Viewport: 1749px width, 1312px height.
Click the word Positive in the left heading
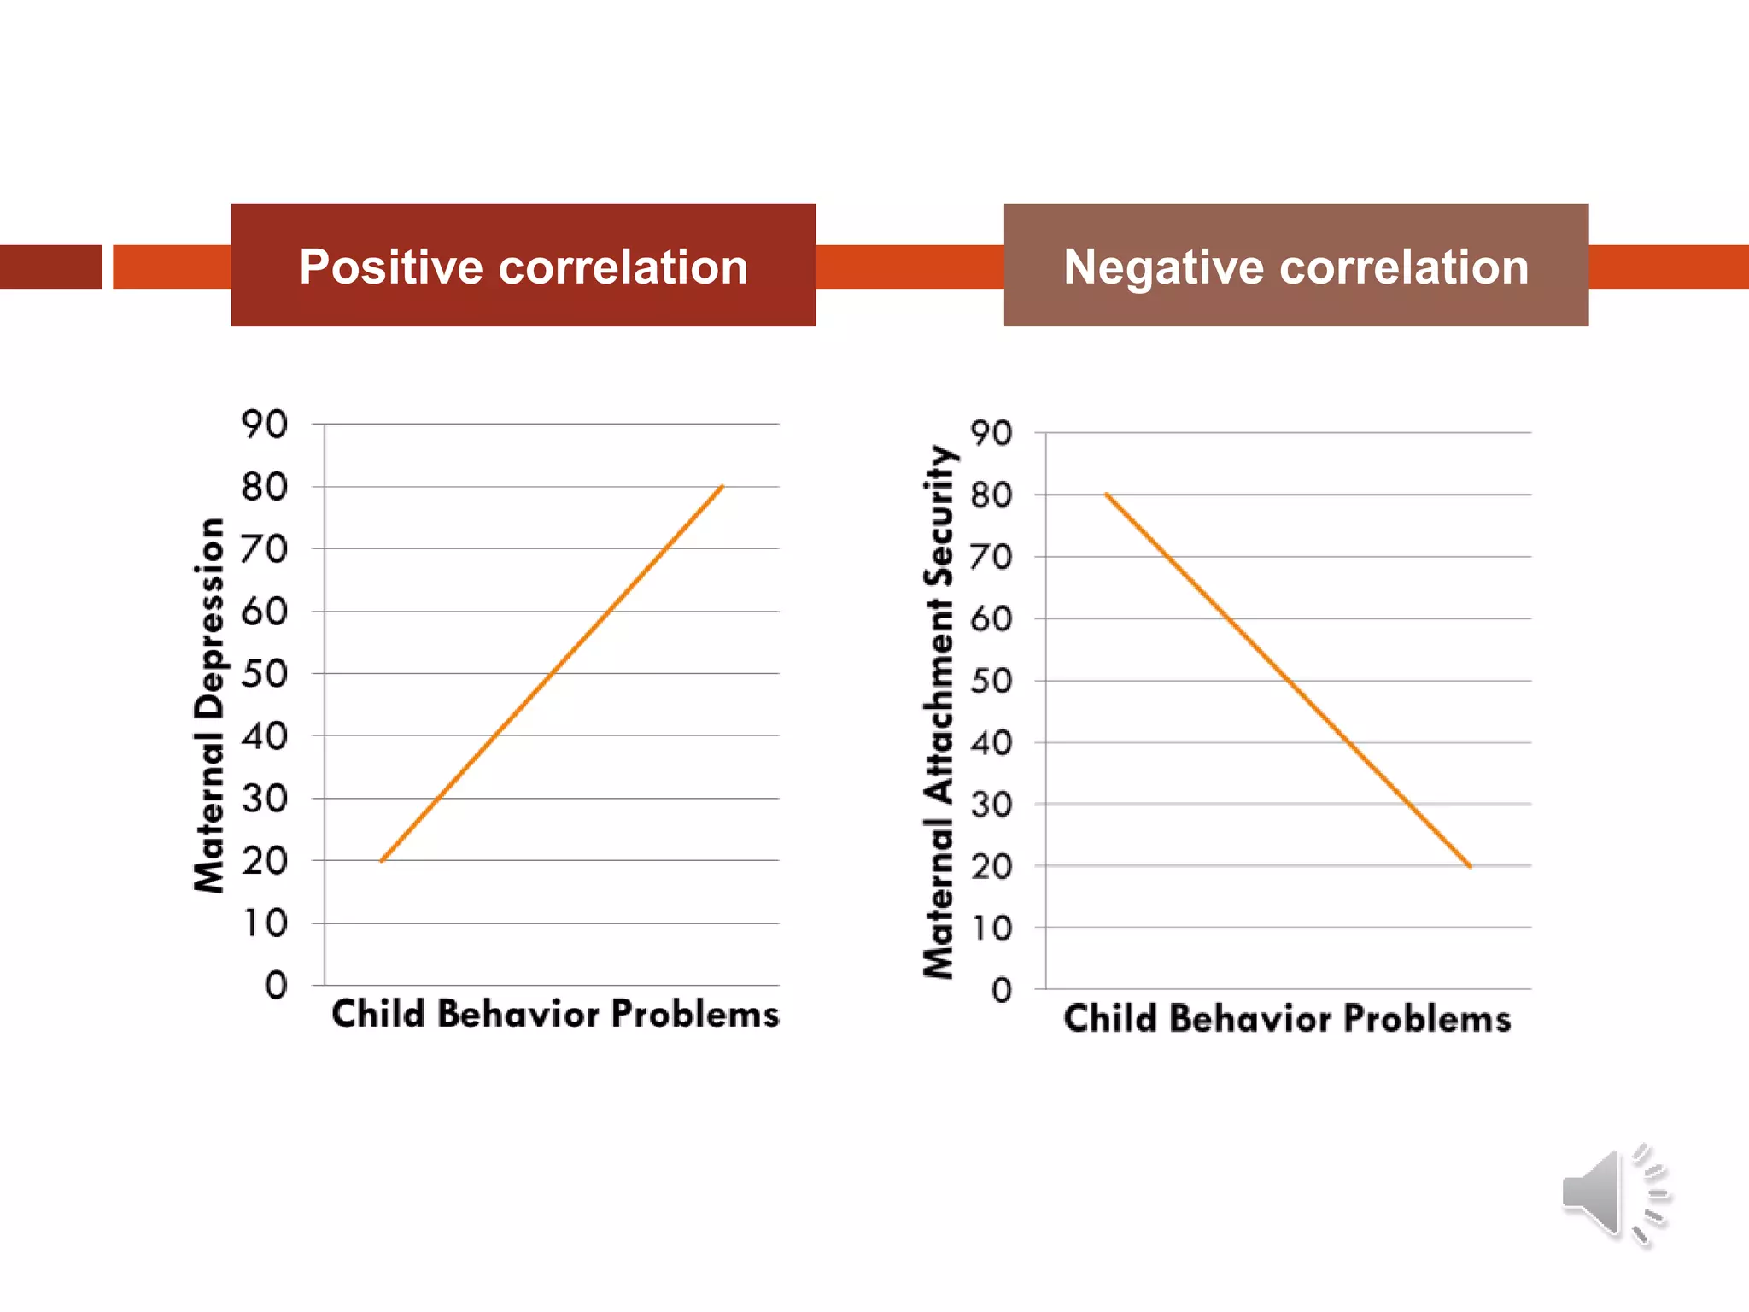click(x=391, y=267)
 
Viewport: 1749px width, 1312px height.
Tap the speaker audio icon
click(x=1612, y=1195)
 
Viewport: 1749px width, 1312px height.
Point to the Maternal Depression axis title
click(x=209, y=705)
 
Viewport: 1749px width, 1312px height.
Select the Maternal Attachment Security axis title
click(x=939, y=712)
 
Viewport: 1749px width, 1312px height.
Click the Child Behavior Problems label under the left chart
click(x=555, y=1014)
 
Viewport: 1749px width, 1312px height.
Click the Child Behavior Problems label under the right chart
click(x=1287, y=1019)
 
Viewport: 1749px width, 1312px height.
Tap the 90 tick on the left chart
click(x=265, y=425)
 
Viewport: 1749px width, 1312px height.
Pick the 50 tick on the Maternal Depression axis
click(x=265, y=674)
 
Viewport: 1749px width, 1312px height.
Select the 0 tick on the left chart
click(x=276, y=986)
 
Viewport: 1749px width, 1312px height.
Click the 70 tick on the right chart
click(x=991, y=557)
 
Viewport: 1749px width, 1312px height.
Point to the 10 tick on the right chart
click(x=991, y=928)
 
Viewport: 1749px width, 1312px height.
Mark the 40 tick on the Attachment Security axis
click(x=991, y=743)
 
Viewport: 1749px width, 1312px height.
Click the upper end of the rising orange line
click(x=722, y=487)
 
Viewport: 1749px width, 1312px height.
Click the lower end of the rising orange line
click(x=382, y=860)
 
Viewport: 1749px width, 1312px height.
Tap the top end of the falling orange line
click(x=1106, y=495)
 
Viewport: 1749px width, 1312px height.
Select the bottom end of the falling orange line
click(x=1470, y=866)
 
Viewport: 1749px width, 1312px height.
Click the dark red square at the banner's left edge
click(x=50, y=266)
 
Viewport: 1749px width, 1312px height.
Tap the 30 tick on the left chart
click(x=265, y=799)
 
